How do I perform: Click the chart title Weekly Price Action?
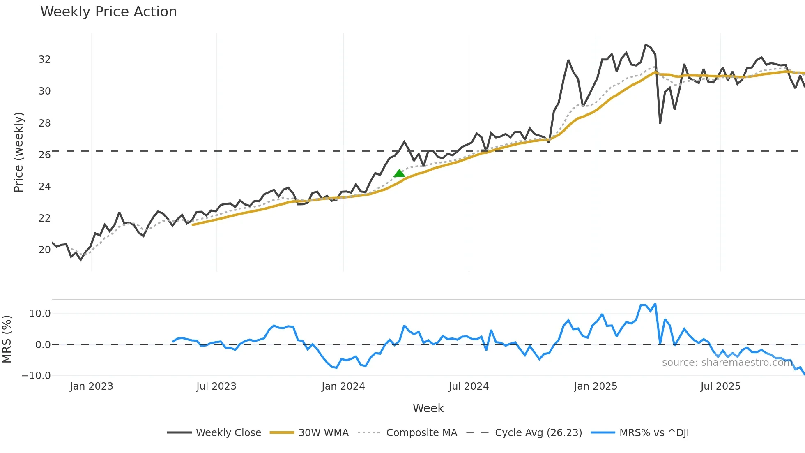click(x=108, y=12)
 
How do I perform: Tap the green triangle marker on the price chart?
click(x=399, y=173)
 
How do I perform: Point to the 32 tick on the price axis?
click(x=45, y=60)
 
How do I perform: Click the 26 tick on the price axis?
click(x=45, y=155)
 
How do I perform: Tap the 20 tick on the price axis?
click(x=45, y=250)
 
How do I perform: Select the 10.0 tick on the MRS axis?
click(x=40, y=314)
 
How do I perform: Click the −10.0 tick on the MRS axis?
click(x=36, y=376)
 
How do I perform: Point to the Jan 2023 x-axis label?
click(x=91, y=386)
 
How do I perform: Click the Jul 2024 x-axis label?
click(x=469, y=386)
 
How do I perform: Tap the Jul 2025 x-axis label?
click(x=720, y=386)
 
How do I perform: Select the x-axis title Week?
click(x=428, y=408)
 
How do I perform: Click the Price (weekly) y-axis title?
click(x=18, y=152)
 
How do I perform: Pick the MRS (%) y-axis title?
click(x=7, y=339)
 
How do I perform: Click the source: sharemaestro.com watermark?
click(x=727, y=363)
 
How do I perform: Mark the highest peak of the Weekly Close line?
click(x=646, y=45)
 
